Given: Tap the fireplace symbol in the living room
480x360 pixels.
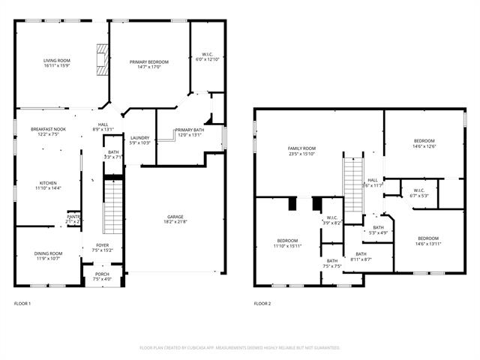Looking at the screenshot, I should coord(100,58).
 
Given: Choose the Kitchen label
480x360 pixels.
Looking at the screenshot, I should coord(48,184).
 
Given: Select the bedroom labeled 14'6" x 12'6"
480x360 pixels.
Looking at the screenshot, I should coord(424,143).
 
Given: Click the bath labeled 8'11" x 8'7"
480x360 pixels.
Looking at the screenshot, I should coord(361,256).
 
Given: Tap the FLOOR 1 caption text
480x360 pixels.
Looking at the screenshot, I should coord(22,304).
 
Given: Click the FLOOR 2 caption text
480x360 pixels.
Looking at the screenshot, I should coord(262,304).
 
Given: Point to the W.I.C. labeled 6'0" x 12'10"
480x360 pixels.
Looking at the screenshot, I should coord(208,56).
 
